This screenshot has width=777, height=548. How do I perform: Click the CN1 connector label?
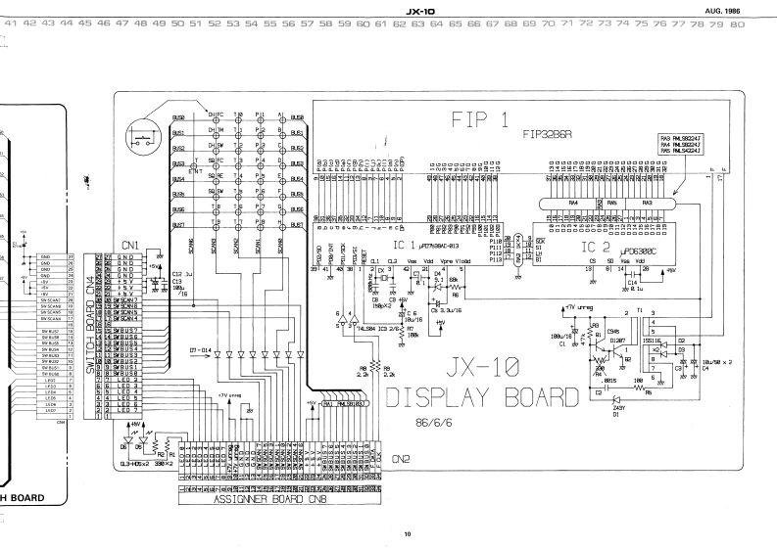[129, 245]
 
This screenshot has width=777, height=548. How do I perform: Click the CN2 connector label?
[401, 458]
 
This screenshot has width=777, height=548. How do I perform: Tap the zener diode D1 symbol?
[616, 399]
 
